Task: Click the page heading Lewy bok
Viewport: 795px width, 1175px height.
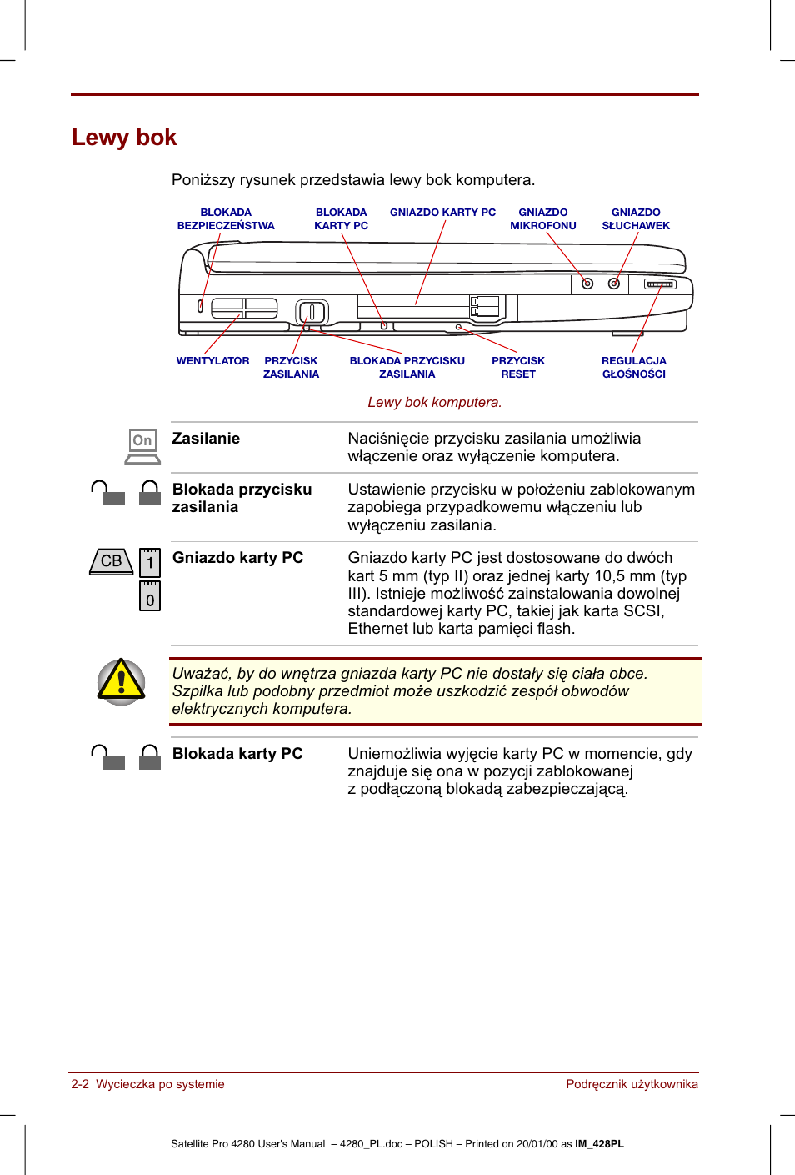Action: click(x=124, y=138)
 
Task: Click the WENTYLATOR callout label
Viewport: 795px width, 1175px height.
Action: click(x=212, y=361)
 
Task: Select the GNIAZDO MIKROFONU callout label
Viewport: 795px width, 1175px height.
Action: click(x=542, y=219)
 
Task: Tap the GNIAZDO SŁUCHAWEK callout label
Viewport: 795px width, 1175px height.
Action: click(x=636, y=219)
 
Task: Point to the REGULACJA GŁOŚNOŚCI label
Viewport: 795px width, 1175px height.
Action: click(x=633, y=368)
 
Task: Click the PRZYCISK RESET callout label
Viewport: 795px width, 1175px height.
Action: click(x=517, y=368)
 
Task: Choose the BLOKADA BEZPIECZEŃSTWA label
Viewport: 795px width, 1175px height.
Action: click(x=226, y=219)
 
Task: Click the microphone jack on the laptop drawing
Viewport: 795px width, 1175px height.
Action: click(x=587, y=284)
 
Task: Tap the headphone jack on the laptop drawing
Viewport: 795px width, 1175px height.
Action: click(x=614, y=284)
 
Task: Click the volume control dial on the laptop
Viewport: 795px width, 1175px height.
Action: click(x=660, y=284)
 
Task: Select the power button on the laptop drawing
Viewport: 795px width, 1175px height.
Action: click(x=312, y=313)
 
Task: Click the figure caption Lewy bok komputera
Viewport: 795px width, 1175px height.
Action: click(x=434, y=402)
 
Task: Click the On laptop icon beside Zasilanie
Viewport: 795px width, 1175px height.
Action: click(x=142, y=447)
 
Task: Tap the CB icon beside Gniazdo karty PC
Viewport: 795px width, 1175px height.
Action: click(x=112, y=561)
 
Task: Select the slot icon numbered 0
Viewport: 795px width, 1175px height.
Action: click(x=150, y=597)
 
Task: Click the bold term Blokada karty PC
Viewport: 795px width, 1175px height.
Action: click(x=237, y=754)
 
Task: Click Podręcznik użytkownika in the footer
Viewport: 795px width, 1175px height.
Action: click(x=632, y=1084)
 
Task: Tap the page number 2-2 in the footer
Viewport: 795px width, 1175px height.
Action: click(x=80, y=1084)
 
